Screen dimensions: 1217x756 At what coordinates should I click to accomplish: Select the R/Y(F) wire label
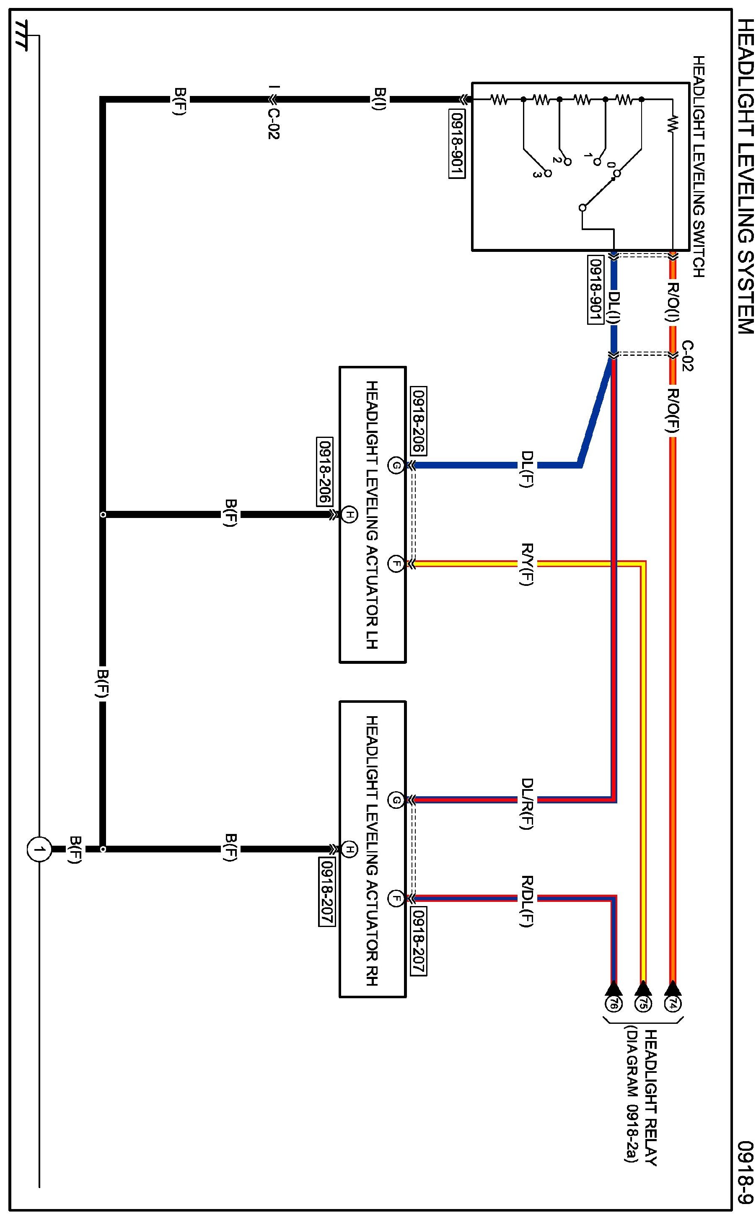(527, 564)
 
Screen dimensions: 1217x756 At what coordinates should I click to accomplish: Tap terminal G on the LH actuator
(396, 466)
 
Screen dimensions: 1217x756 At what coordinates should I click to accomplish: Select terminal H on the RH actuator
(349, 849)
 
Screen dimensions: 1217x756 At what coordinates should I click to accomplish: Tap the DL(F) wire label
(527, 469)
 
